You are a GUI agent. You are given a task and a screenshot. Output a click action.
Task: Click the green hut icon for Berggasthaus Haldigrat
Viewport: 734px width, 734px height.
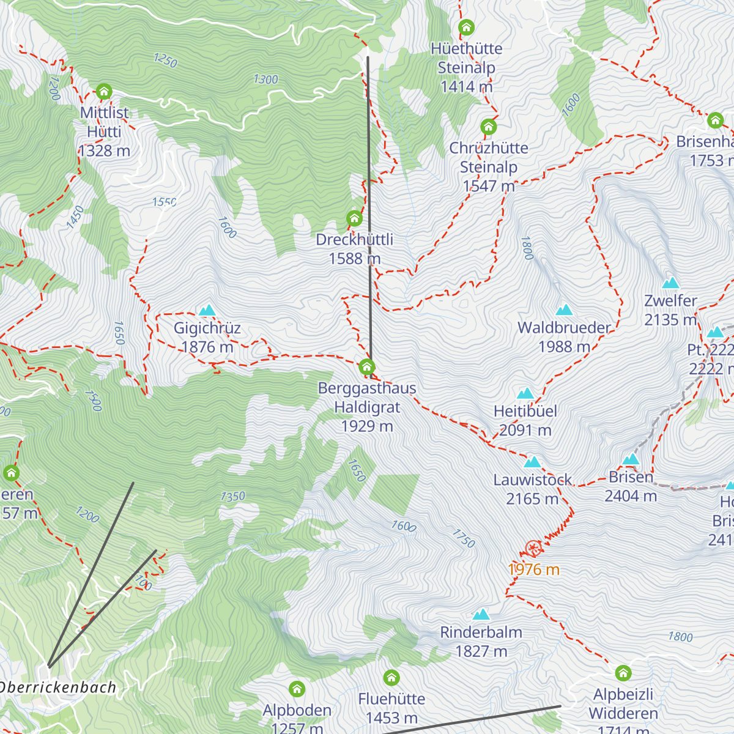[367, 367]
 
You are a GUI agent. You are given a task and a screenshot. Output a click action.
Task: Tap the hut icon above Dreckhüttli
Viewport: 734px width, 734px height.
[354, 218]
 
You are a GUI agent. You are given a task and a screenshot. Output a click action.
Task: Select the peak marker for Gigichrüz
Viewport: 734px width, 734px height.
[207, 311]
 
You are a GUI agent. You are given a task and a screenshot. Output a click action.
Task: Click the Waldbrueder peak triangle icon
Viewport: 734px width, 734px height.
[564, 311]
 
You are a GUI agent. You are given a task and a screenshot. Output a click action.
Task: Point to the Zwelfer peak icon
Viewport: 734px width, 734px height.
[671, 283]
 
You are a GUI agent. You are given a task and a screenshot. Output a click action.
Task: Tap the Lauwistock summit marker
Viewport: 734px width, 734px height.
[532, 462]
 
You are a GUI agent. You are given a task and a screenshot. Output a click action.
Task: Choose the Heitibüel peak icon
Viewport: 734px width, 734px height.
[525, 393]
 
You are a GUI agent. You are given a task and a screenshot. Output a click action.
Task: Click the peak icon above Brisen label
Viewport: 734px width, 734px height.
[631, 459]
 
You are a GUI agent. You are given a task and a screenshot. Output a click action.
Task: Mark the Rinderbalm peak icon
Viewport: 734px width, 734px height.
[481, 614]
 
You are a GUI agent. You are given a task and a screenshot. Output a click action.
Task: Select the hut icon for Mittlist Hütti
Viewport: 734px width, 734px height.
[104, 92]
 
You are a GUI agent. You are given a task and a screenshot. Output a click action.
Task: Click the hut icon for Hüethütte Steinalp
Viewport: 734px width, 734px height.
[467, 28]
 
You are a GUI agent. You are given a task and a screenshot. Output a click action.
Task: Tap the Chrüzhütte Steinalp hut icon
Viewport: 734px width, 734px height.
[488, 127]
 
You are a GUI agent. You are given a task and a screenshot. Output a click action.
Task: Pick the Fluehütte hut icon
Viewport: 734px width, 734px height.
[391, 678]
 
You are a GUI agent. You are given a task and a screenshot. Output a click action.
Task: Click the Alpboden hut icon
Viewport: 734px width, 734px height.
[297, 689]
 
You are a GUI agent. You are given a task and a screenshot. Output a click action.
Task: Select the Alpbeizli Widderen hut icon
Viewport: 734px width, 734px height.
[623, 673]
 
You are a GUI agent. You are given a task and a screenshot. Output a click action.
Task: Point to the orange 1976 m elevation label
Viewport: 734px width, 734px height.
[533, 569]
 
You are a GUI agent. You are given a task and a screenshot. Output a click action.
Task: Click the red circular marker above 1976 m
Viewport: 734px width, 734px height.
[533, 548]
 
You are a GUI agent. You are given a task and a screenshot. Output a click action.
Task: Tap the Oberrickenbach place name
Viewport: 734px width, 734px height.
[58, 688]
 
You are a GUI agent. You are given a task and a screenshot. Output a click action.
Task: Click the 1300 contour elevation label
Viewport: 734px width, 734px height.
[265, 79]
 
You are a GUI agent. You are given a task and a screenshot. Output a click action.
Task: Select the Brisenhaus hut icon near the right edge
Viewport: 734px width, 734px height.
[716, 120]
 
